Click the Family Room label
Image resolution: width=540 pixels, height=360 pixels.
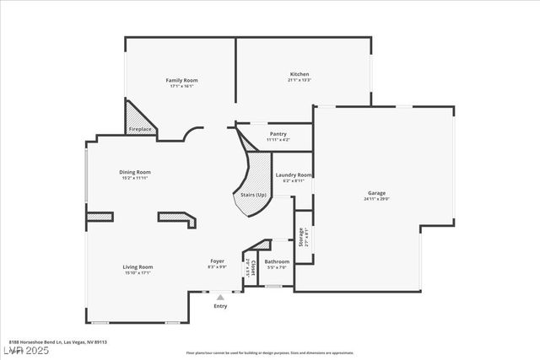click(x=181, y=80)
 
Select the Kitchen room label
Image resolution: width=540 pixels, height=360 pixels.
click(x=300, y=74)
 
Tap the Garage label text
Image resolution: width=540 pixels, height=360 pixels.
click(x=375, y=193)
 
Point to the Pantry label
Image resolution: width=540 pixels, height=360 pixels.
click(x=278, y=134)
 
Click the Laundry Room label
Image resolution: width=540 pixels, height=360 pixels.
click(x=293, y=175)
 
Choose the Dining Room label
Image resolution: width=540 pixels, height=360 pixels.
click(x=135, y=172)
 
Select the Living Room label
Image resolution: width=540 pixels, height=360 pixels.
click(x=138, y=267)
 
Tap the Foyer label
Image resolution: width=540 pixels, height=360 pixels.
click(x=217, y=261)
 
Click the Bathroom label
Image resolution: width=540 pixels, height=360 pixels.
click(x=277, y=261)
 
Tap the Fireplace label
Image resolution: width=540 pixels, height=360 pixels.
click(x=140, y=129)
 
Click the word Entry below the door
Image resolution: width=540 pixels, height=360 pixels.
click(x=220, y=306)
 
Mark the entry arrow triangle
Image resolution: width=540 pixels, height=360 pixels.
click(x=220, y=298)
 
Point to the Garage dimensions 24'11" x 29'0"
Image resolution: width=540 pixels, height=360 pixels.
click(x=375, y=199)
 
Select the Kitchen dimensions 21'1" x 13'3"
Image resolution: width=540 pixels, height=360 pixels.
click(x=300, y=80)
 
